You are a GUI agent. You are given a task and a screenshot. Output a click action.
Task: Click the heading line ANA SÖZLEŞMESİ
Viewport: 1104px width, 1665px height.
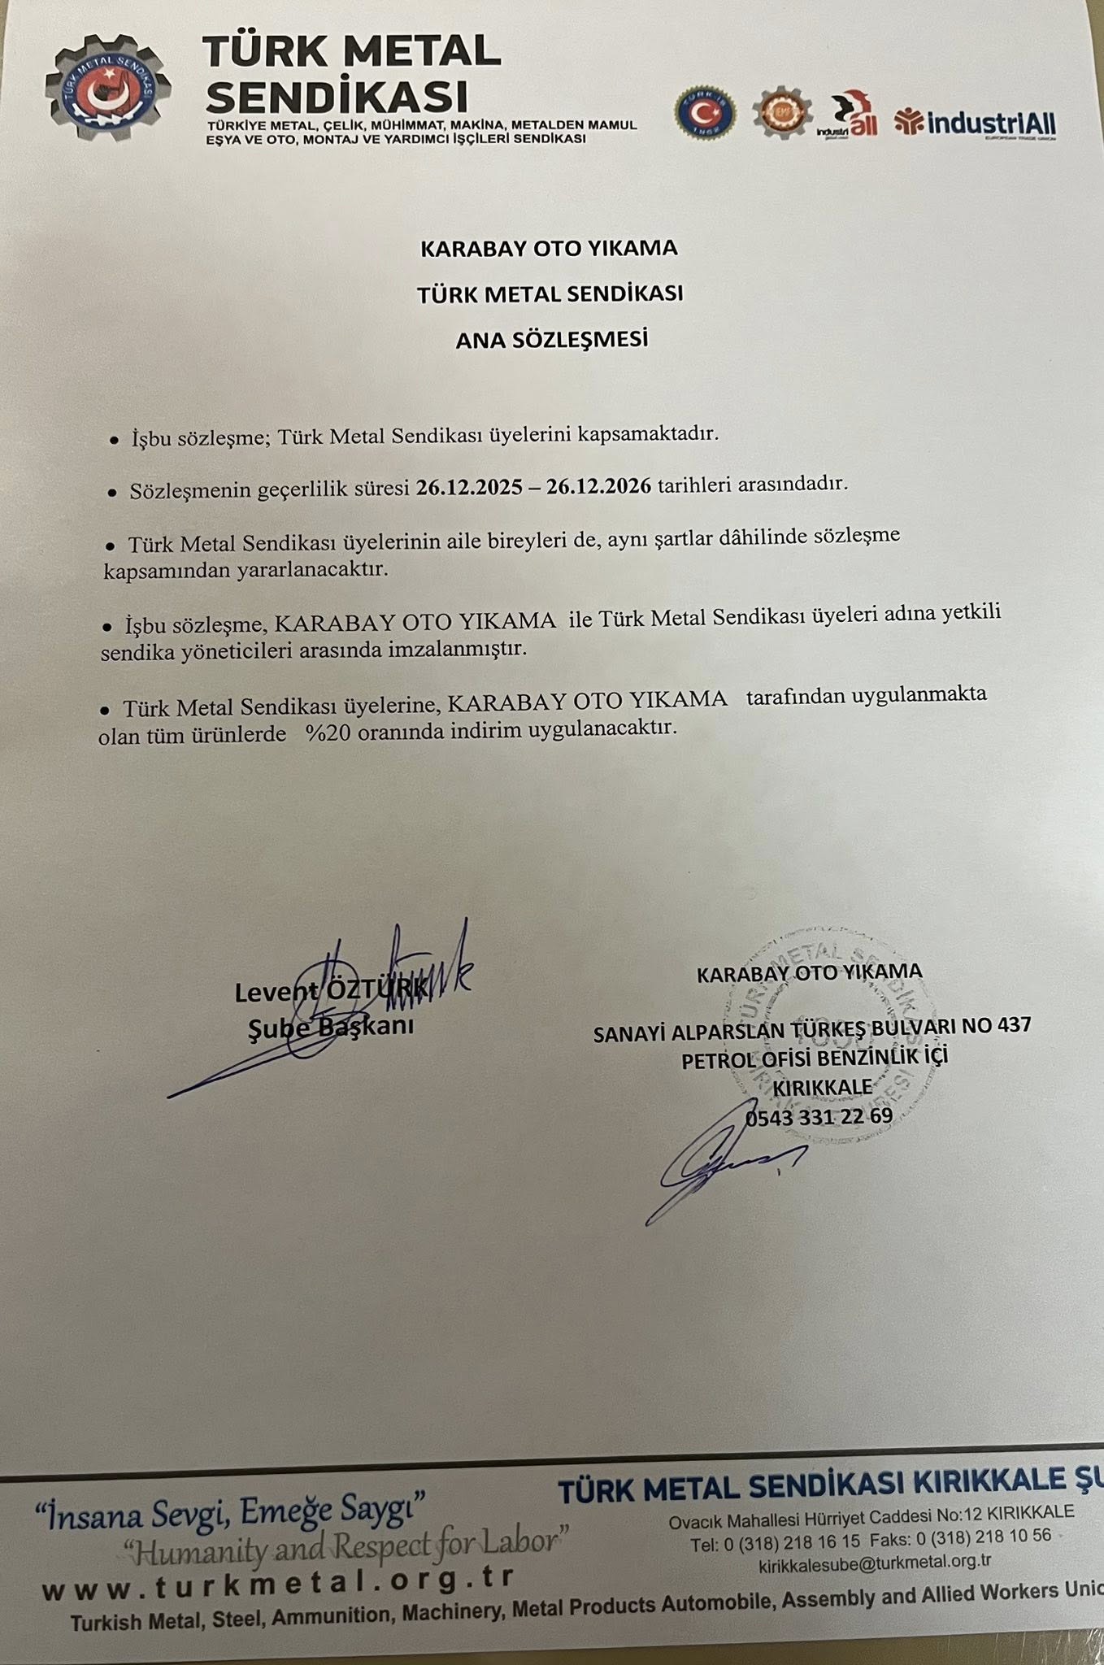pos(551,339)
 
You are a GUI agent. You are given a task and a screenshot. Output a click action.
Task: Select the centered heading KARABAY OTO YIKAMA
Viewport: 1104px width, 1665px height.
pos(549,248)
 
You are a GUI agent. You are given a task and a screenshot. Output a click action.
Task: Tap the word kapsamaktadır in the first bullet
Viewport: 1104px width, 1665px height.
pos(649,433)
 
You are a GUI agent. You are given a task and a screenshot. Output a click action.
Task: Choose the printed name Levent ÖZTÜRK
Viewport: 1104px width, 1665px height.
pos(331,991)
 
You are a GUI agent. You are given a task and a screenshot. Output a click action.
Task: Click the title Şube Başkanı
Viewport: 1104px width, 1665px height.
pos(331,1026)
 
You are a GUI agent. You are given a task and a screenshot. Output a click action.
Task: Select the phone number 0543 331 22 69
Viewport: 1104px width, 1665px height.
pos(819,1116)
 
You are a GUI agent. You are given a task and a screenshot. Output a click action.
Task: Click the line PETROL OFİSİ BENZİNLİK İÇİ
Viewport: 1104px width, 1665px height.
pos(815,1059)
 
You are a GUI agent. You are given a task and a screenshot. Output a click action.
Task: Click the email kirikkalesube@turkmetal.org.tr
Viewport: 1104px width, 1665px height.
pos(875,1563)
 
